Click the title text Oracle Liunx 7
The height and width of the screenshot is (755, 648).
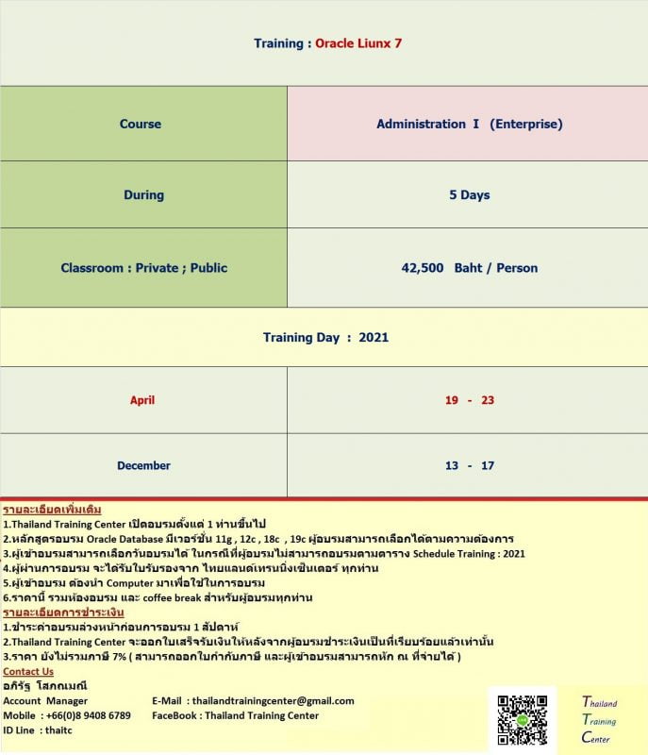tap(358, 43)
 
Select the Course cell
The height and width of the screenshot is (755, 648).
tap(141, 124)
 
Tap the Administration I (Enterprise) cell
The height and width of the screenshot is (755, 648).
tap(469, 124)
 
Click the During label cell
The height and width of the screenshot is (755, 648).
tap(143, 195)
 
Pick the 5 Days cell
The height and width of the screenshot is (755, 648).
tap(469, 195)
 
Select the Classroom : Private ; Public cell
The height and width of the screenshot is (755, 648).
tap(143, 268)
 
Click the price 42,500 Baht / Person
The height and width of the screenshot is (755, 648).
tap(469, 268)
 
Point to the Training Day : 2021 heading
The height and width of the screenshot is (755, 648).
tap(325, 337)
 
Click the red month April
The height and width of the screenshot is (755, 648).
tap(142, 400)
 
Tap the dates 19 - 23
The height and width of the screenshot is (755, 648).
tap(469, 400)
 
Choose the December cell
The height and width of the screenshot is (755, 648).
tap(143, 465)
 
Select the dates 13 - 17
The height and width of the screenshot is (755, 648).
tap(469, 465)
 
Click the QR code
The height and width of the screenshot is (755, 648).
tap(522, 721)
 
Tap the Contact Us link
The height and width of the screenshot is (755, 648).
tap(28, 672)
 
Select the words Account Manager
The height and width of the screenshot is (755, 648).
tap(45, 701)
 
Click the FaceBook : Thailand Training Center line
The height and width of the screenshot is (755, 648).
tap(235, 715)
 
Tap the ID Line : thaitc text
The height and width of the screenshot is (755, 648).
tap(38, 730)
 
